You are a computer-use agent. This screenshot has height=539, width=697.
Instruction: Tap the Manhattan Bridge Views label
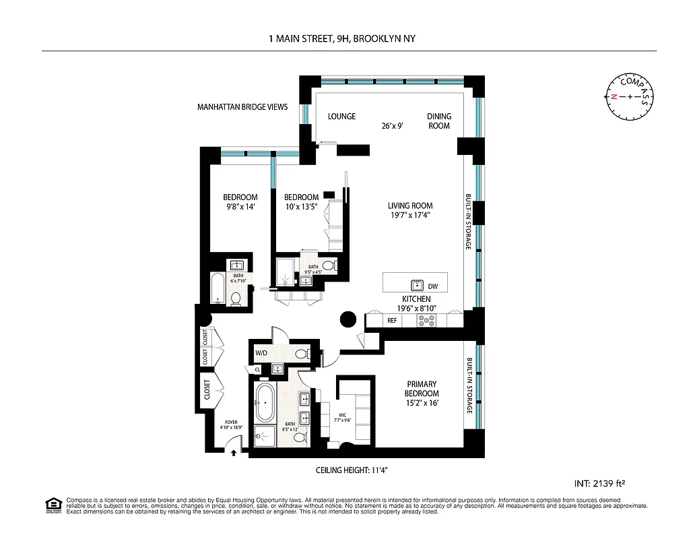(x=242, y=107)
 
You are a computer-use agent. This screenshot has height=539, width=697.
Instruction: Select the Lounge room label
(x=341, y=117)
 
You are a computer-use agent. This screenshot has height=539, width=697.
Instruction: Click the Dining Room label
(x=439, y=121)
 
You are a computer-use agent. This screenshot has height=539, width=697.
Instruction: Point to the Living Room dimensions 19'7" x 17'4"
(x=409, y=216)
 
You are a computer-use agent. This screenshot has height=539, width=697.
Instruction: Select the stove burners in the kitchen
(x=427, y=320)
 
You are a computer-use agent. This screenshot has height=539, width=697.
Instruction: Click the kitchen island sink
(x=416, y=284)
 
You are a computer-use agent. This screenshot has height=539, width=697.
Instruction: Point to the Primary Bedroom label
(x=422, y=389)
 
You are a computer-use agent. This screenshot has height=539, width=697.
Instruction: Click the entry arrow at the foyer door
(x=234, y=453)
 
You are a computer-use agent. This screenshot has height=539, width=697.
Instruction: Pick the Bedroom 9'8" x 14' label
(x=240, y=202)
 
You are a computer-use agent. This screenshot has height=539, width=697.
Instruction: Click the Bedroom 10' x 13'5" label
(x=301, y=202)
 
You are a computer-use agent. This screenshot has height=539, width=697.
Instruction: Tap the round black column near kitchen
(x=348, y=320)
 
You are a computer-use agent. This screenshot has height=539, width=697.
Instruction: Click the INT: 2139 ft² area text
(x=604, y=483)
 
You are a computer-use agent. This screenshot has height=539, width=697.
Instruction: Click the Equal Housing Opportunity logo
(x=53, y=504)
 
